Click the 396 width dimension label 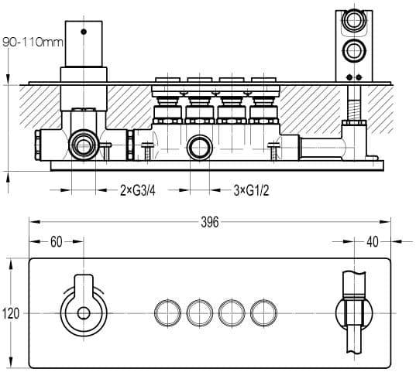pos(210,222)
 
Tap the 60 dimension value pos(57,241)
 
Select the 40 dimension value pos(373,241)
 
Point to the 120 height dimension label pos(11,313)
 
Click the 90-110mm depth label pos(33,43)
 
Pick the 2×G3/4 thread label pos(138,190)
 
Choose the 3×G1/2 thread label pos(251,190)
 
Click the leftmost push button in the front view pos(167,312)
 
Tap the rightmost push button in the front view pos(263,312)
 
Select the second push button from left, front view pos(200,312)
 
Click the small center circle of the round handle pos(84,313)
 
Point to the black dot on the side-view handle pos(84,32)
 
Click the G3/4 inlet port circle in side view pos(84,145)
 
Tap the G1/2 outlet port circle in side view pos(200,147)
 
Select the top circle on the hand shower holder pos(354,20)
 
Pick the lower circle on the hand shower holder pos(354,50)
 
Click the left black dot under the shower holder pos(349,77)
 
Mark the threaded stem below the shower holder pos(354,104)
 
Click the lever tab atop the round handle pos(84,285)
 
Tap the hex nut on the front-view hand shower pos(354,312)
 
